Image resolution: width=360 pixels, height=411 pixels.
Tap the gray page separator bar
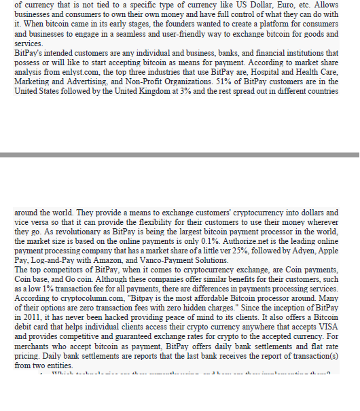180,155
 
